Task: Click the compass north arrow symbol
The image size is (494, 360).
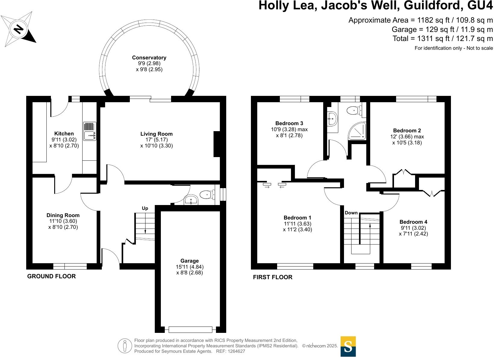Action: coord(19,29)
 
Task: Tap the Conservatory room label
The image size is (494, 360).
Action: coord(149,58)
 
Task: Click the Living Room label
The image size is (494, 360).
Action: coord(156,134)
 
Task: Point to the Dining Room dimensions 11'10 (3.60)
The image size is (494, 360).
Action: coord(63,221)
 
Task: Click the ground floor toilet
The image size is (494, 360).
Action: coord(207,195)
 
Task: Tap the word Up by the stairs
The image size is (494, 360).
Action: coord(145,208)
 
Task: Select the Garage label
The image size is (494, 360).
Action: coord(189,261)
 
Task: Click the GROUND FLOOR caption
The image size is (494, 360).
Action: coord(52,276)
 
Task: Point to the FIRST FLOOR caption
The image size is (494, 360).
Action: coord(273,277)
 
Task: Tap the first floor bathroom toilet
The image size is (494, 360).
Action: coord(354,111)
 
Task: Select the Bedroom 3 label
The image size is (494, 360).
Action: coord(289,123)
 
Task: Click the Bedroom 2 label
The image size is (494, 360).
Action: coord(407,131)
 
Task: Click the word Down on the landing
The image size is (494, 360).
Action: coord(351,213)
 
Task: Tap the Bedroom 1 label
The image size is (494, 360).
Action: coord(297,218)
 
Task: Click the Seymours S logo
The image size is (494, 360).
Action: coord(348,346)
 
